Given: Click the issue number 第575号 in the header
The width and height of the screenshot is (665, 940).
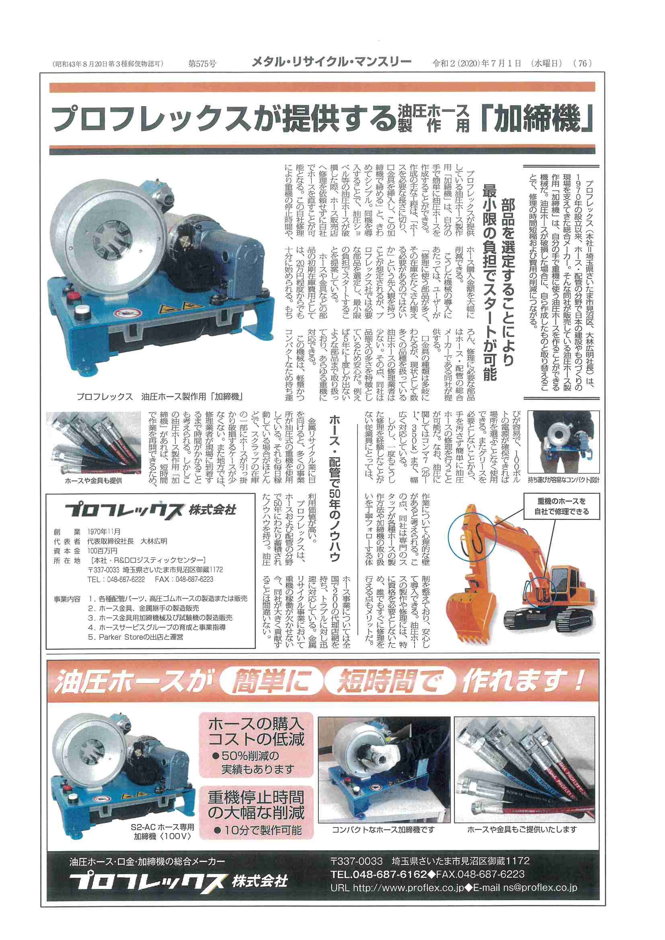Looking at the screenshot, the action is point(202,64).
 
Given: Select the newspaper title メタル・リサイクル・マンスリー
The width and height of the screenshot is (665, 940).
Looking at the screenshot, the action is point(331,62).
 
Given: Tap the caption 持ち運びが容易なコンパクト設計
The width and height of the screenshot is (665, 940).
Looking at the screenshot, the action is point(563,480).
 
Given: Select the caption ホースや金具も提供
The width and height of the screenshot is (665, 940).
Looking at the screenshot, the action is point(94,480).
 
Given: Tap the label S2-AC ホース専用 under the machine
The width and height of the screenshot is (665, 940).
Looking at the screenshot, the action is point(162,827).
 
